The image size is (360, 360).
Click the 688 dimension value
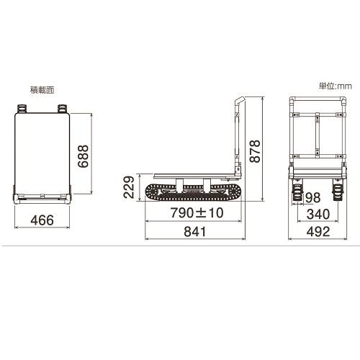[x=84, y=156]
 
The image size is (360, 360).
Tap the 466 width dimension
[x=42, y=220]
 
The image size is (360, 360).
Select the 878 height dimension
[x=255, y=151]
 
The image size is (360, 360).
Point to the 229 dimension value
[x=129, y=187]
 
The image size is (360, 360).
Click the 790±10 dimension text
[x=197, y=212]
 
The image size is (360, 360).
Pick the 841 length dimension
[x=195, y=232]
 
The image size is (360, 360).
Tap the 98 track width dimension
[x=313, y=197]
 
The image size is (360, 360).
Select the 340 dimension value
[x=318, y=214]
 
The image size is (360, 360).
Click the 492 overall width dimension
[x=318, y=232]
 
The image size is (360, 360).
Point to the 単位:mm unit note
[x=336, y=86]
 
